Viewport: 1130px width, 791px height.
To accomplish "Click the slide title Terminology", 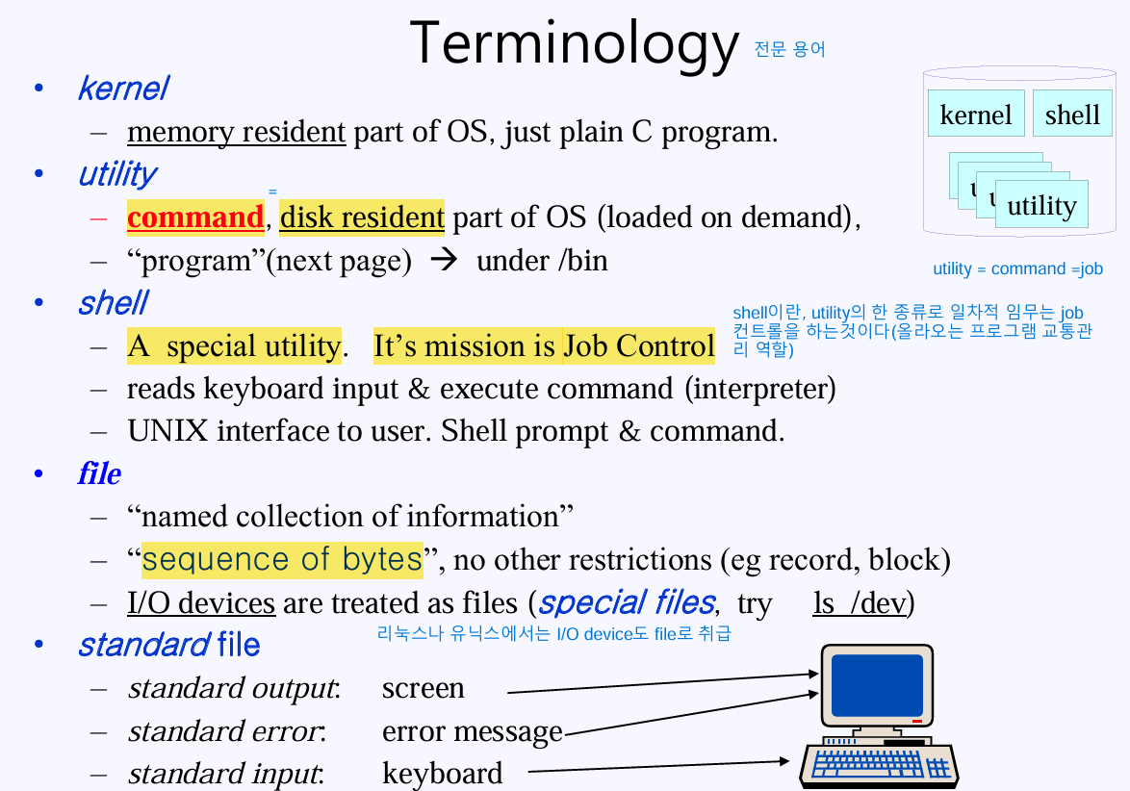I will tap(575, 43).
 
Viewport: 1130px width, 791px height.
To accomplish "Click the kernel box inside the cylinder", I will tap(975, 115).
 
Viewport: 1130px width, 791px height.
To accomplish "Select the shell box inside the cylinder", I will tap(1071, 115).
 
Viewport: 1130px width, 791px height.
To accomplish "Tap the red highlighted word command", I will tap(194, 217).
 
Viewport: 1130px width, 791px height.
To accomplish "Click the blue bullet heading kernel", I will tap(122, 89).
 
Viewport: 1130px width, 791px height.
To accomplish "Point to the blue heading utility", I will tap(116, 174).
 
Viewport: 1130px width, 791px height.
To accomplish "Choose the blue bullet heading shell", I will tap(112, 303).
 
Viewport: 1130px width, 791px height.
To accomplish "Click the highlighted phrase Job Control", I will tap(639, 345).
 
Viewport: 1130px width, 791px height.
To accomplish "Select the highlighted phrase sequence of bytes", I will tap(282, 559).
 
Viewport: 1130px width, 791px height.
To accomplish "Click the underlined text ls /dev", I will tap(860, 603).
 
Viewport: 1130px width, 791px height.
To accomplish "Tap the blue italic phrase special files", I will tap(626, 603).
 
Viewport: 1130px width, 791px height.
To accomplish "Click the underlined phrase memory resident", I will tap(236, 132).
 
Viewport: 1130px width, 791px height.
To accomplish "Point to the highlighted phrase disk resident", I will tap(362, 217).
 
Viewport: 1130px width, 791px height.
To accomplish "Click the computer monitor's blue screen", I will tap(876, 685).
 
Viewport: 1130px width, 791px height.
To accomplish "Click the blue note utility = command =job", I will tap(1017, 269).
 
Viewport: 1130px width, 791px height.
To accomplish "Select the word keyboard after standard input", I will tap(442, 773).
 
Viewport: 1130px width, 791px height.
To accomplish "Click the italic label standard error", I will tap(226, 731).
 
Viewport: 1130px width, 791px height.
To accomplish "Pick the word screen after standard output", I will tap(423, 688).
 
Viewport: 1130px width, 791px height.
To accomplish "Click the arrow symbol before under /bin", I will tap(445, 261).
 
